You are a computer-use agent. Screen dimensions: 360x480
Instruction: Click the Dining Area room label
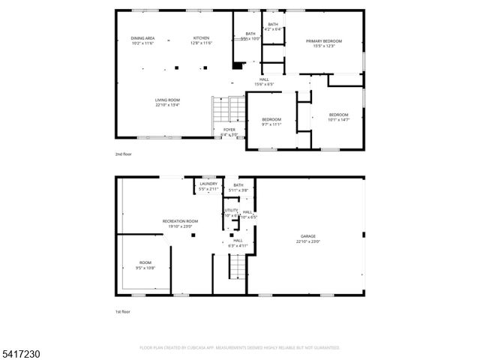point(142,40)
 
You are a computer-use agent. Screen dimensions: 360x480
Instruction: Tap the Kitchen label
point(201,40)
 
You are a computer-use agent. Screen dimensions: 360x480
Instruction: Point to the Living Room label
point(167,103)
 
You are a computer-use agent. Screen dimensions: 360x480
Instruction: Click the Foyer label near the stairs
point(229,131)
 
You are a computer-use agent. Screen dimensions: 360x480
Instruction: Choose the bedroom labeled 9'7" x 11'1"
point(271,121)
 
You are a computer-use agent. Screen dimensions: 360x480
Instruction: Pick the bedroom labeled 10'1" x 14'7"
point(339,117)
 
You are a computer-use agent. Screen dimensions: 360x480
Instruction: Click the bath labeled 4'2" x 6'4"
point(273,27)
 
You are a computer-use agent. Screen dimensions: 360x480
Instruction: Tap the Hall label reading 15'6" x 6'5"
point(264,81)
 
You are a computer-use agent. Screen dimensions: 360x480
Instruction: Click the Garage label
point(308,238)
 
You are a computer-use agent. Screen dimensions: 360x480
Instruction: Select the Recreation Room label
point(180,223)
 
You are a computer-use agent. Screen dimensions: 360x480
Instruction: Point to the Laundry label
point(208,186)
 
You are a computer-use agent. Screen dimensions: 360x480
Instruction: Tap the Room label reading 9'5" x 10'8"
point(145,265)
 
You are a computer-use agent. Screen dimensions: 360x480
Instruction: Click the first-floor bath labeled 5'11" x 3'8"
point(238,187)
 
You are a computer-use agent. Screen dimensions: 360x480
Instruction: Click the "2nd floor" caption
point(123,154)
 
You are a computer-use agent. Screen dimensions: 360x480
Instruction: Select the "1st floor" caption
point(122,310)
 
